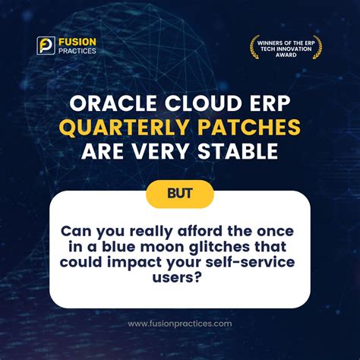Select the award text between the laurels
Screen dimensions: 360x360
286,47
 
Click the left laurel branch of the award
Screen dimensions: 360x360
253,47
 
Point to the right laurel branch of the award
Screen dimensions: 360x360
318,47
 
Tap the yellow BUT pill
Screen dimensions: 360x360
180,194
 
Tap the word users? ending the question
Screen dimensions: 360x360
180,276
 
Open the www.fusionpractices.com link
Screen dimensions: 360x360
180,324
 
